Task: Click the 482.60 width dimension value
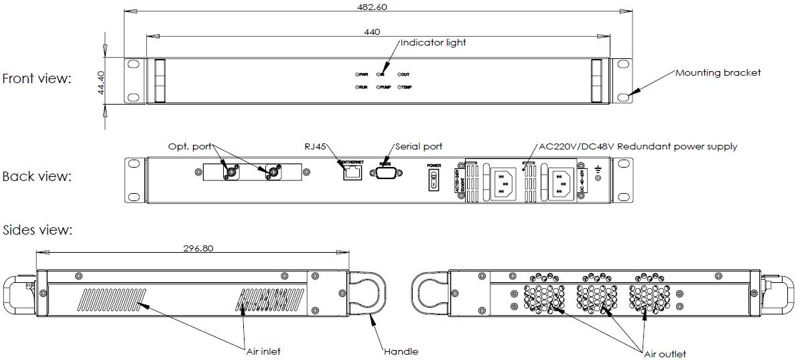tap(372, 7)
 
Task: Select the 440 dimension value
tap(372, 32)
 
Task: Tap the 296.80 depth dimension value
tap(198, 247)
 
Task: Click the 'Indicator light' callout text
tap(433, 42)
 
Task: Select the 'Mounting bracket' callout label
tap(718, 72)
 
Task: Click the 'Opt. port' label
tap(190, 146)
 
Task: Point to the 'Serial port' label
tap(419, 146)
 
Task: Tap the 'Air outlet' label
tap(665, 354)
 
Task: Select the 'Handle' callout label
tap(401, 351)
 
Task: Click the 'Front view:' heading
tap(36, 78)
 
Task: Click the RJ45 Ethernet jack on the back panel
tap(352, 174)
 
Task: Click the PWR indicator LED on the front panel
tap(358, 74)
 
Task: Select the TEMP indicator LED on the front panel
tap(400, 87)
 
